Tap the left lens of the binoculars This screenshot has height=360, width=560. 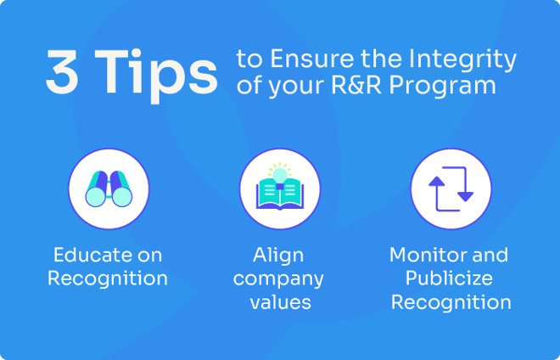[x=95, y=197]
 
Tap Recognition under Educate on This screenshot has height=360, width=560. [x=108, y=278]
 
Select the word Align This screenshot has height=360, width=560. [x=278, y=255]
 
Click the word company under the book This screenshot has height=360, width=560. [x=278, y=278]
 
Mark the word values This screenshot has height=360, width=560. [x=278, y=301]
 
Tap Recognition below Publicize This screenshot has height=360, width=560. [x=451, y=301]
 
